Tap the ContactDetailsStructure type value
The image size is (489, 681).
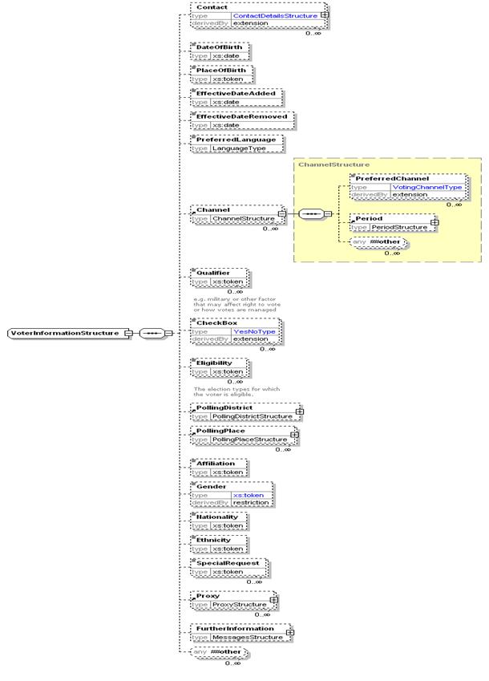pos(274,15)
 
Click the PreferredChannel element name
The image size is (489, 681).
pos(392,178)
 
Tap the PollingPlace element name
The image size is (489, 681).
pos(221,431)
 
